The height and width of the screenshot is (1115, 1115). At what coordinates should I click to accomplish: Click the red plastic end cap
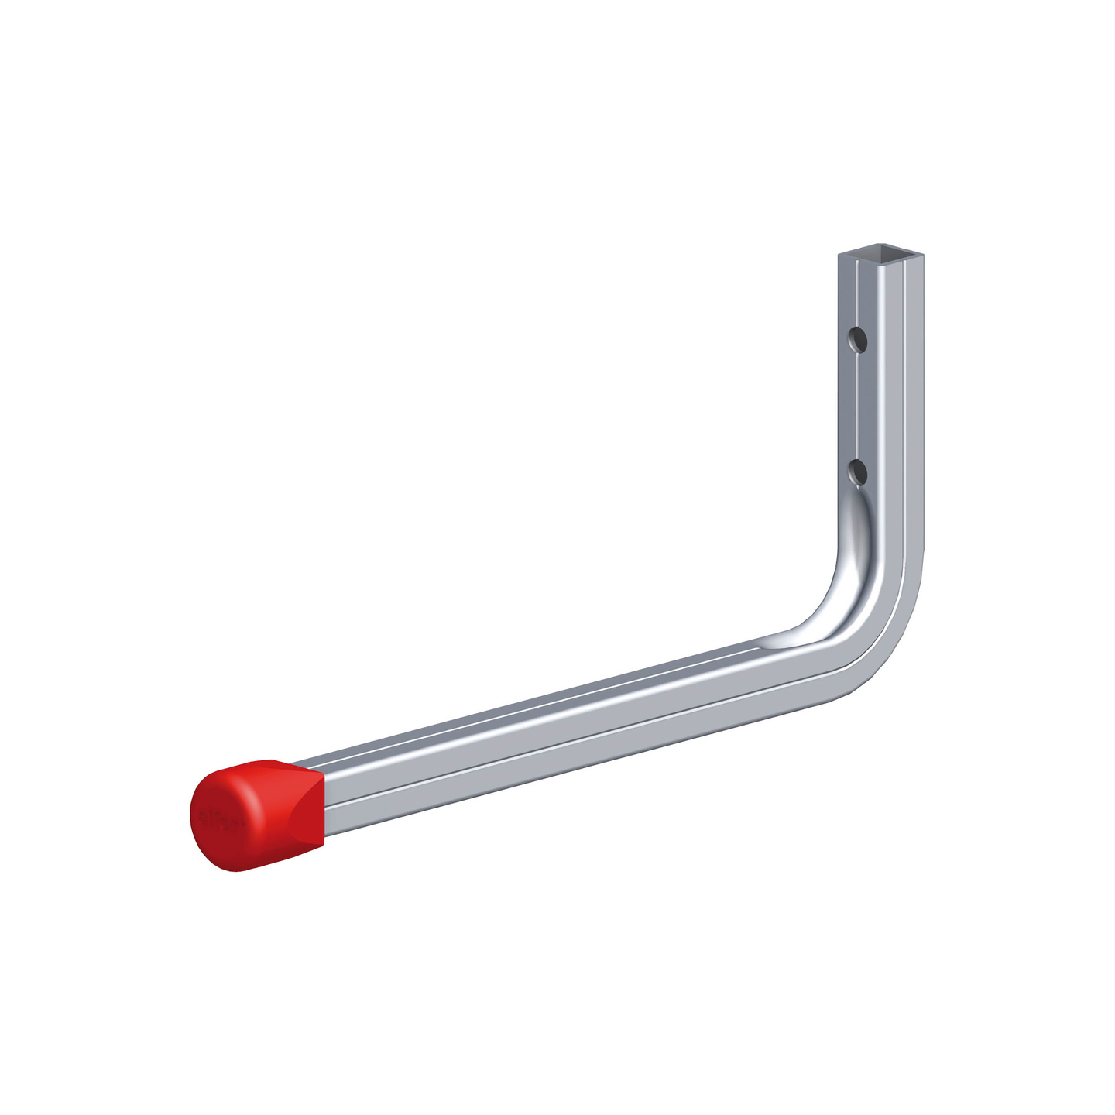click(x=256, y=813)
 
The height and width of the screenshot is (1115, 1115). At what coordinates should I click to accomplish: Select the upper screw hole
click(x=857, y=338)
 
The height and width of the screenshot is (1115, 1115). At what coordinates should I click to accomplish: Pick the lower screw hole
click(x=857, y=471)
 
